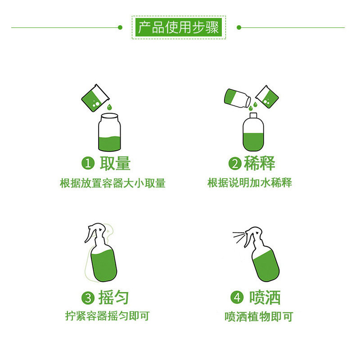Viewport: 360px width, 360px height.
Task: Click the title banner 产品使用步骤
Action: (x=179, y=27)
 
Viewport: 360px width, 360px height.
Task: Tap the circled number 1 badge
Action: (x=87, y=163)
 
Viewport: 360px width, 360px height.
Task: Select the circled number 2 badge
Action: (x=235, y=163)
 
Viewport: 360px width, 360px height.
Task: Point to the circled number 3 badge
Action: (x=87, y=298)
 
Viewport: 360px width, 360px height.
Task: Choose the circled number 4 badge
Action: (x=237, y=298)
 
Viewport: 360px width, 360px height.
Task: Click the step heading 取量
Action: (x=115, y=163)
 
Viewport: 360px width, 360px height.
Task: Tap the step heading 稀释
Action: (x=260, y=163)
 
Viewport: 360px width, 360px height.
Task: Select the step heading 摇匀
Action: (x=113, y=297)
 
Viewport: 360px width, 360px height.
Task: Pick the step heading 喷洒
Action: (x=265, y=297)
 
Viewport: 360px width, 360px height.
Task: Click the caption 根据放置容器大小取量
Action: (x=112, y=183)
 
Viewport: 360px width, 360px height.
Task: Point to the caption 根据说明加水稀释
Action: (x=250, y=183)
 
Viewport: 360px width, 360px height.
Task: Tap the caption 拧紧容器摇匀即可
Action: (x=107, y=316)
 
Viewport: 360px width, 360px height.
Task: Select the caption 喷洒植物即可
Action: (x=259, y=317)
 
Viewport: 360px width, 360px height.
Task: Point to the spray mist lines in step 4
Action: (x=238, y=236)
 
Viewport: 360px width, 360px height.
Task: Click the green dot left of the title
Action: (x=120, y=27)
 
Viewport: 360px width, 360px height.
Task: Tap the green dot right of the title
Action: (x=239, y=27)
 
